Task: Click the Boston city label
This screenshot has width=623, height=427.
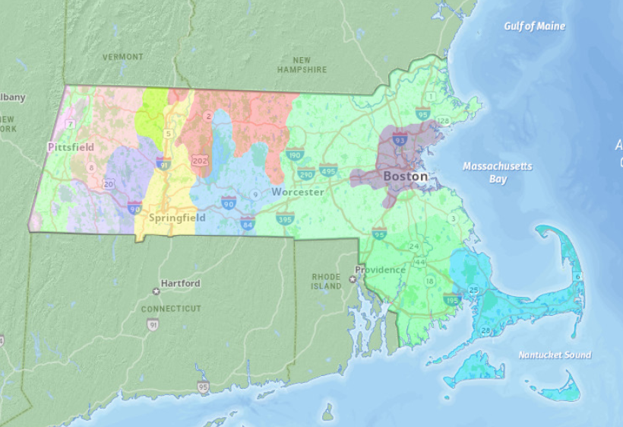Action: coord(405,177)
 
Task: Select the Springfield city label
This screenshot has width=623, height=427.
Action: coord(177,218)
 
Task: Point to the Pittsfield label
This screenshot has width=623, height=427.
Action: coord(71,146)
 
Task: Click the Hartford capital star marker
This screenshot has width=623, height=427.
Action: coord(156,292)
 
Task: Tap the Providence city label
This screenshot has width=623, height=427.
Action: coord(380,270)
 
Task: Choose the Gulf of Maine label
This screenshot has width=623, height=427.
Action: coord(534,27)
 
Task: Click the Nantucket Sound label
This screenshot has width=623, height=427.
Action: coord(555,355)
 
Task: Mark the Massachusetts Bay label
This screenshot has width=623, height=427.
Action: coord(498,173)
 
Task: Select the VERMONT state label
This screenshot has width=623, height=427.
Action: coord(122,57)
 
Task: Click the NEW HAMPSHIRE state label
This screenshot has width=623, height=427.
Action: coord(302,65)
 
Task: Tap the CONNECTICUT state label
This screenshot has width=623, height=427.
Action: coord(171,309)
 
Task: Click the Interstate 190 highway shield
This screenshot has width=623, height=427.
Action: coord(296,155)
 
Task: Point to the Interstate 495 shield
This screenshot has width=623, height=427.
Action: coord(328,170)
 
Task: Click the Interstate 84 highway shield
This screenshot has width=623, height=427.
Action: coord(247,224)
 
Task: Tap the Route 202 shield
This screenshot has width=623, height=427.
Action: coord(201,161)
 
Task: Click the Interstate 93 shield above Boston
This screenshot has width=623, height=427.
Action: coord(399,139)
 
